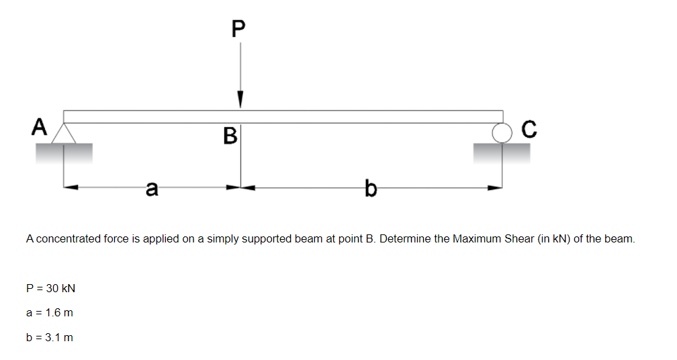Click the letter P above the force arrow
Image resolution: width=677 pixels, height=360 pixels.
pyautogui.click(x=238, y=28)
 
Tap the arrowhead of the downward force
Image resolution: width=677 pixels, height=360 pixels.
pyautogui.click(x=240, y=100)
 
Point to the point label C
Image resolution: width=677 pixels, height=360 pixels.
pyautogui.click(x=529, y=129)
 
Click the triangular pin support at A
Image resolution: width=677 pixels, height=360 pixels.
pyautogui.click(x=64, y=132)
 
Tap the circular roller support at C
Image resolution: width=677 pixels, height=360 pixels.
pyautogui.click(x=502, y=133)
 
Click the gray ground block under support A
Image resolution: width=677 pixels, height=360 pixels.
pyautogui.click(x=64, y=153)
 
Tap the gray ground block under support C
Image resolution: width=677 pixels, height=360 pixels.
pyautogui.click(x=502, y=153)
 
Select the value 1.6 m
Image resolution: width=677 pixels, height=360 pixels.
pyautogui.click(x=59, y=312)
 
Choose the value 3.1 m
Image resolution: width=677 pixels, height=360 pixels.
pyautogui.click(x=59, y=336)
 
